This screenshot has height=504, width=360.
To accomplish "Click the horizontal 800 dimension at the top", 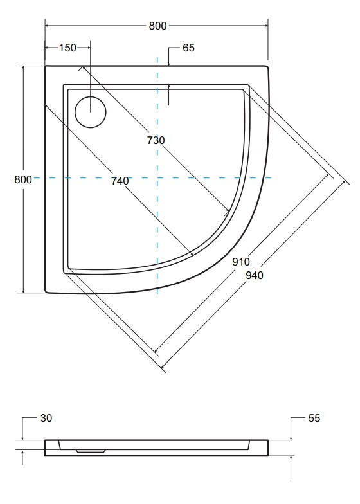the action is tap(157, 26).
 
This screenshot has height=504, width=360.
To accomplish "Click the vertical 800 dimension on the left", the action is tap(23, 179).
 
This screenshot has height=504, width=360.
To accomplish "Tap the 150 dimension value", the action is tap(67, 48).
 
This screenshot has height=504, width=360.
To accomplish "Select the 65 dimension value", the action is tap(189, 48).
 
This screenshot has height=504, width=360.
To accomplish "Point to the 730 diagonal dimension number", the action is tap(156, 140).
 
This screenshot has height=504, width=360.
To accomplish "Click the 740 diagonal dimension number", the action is tap(120, 181).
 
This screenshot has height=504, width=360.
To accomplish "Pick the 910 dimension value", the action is tap(241, 262).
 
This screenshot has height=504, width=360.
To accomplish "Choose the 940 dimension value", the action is tap(255, 275).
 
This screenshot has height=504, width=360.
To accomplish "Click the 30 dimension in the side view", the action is tap(46, 418).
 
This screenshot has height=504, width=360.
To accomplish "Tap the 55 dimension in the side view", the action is tap(314, 418).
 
